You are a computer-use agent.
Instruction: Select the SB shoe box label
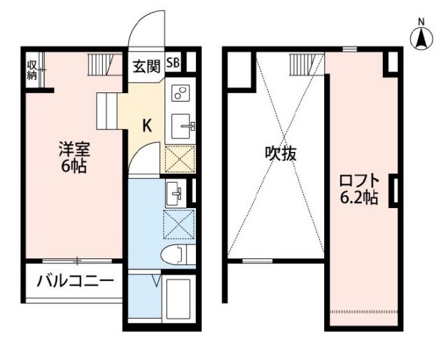(173, 63)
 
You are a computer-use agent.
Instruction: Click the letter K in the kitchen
(147, 125)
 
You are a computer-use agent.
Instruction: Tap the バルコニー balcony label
(75, 282)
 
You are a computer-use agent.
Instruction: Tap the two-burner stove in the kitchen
(180, 95)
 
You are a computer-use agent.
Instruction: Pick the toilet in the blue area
(177, 254)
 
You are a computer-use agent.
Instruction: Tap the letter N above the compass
(422, 21)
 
